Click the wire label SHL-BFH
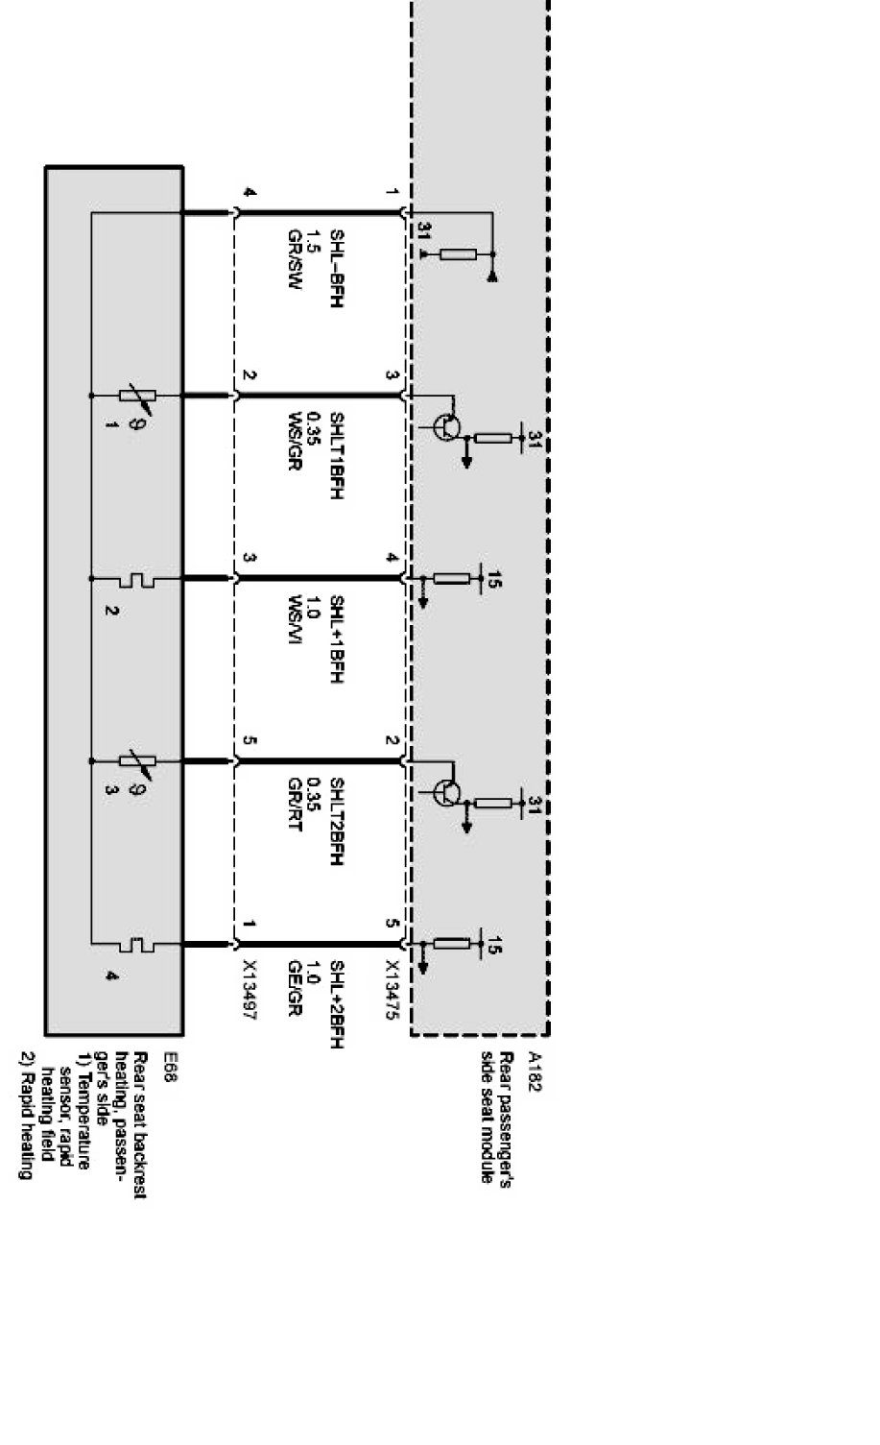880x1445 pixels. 336,268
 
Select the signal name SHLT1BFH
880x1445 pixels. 336,456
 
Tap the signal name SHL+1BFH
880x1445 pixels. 336,639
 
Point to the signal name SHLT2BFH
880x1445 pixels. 336,821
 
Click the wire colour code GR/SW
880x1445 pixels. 295,260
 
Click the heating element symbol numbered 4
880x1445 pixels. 140,946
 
